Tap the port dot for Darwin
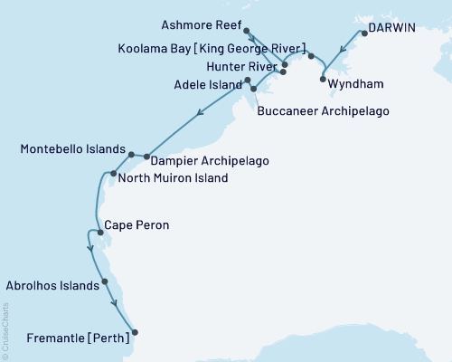pyautogui.click(x=363, y=33)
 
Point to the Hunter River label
pyautogui.click(x=239, y=66)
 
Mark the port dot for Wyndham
pyautogui.click(x=323, y=80)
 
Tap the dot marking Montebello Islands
pyautogui.click(x=132, y=155)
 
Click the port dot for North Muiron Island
pyautogui.click(x=113, y=174)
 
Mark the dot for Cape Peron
pyautogui.click(x=100, y=233)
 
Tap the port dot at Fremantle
pyautogui.click(x=135, y=332)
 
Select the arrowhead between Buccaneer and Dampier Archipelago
pyautogui.click(x=198, y=113)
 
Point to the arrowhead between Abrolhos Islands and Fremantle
pyautogui.click(x=115, y=302)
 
